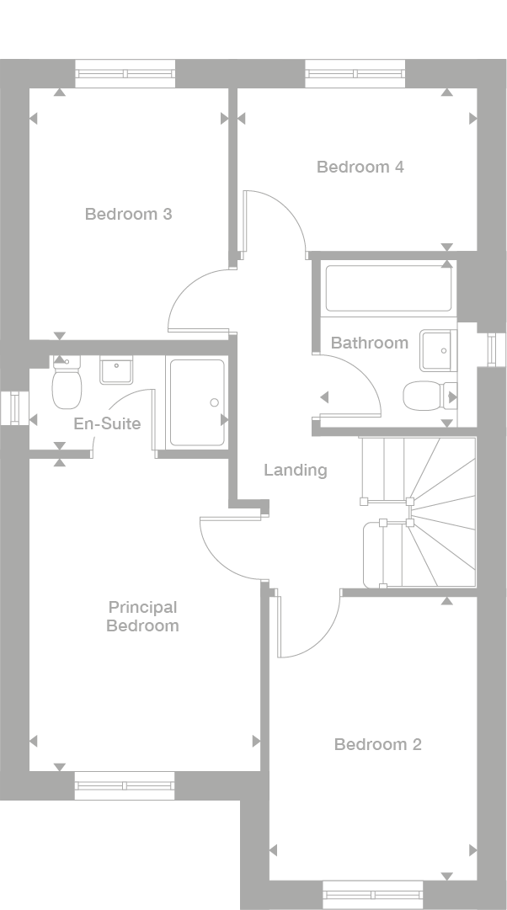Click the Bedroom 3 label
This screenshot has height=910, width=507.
tap(128, 214)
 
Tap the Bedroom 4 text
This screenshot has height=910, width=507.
tap(360, 167)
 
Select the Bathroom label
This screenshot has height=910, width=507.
tap(369, 343)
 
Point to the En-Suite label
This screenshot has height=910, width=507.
tap(107, 423)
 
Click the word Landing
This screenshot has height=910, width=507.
tap(295, 470)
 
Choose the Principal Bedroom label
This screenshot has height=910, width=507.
tap(142, 616)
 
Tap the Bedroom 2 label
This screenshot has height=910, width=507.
tap(377, 744)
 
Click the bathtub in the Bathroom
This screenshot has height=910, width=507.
tap(388, 289)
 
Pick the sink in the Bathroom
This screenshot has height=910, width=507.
tap(436, 349)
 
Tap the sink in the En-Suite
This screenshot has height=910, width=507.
tap(116, 370)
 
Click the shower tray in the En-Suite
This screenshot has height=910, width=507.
tap(197, 402)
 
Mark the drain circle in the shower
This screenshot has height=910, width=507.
tap(214, 402)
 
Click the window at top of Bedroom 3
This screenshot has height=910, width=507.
tap(125, 73)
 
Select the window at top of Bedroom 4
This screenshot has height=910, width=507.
tap(355, 73)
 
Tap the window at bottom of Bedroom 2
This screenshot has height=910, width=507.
tap(372, 894)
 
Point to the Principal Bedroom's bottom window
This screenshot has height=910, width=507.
tap(125, 785)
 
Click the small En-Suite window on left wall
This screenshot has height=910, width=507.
tap(13, 408)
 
